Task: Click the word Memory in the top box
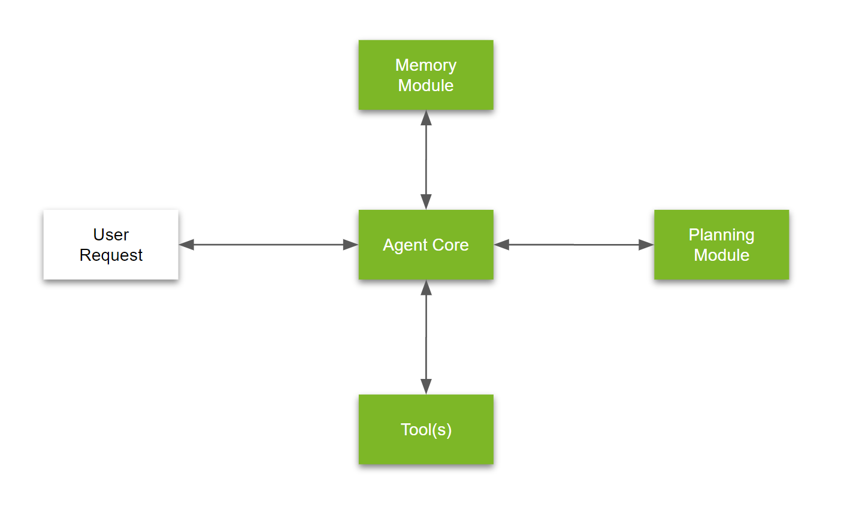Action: coord(426,65)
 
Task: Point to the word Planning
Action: coord(721,234)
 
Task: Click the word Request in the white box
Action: coord(111,255)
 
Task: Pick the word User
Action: coord(111,234)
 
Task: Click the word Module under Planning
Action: coord(721,255)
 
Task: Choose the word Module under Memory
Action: coord(426,85)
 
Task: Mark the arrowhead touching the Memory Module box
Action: coord(426,118)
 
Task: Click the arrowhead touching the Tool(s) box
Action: coord(426,386)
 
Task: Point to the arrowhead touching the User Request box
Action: coord(187,245)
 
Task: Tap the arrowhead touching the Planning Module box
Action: coord(646,245)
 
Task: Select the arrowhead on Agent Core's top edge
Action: coord(426,201)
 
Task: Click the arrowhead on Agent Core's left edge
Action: coord(350,245)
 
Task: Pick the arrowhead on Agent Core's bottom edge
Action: coord(426,288)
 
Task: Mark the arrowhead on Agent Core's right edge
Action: coord(502,245)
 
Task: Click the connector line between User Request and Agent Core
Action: coord(268,245)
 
